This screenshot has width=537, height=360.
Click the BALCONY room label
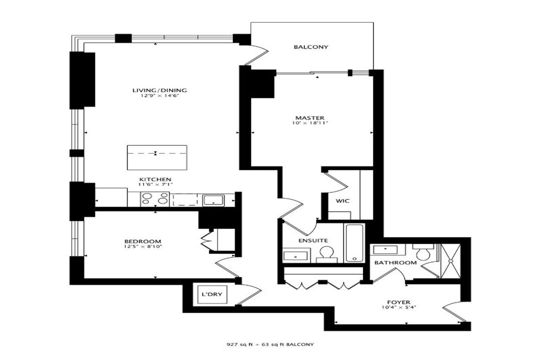click(x=311, y=47)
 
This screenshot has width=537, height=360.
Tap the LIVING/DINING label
click(x=160, y=90)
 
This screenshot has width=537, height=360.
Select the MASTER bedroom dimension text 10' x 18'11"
click(x=310, y=123)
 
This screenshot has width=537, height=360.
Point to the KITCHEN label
click(x=155, y=179)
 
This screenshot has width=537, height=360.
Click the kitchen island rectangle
click(x=157, y=157)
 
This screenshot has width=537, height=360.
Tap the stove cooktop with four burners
click(x=155, y=199)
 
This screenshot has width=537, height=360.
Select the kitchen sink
click(x=213, y=200)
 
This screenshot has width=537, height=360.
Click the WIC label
click(x=343, y=201)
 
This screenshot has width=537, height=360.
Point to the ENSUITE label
click(x=313, y=241)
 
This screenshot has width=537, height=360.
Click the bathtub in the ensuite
click(x=354, y=243)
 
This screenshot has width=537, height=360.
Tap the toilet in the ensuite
click(x=327, y=254)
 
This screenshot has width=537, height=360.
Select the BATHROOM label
click(x=396, y=263)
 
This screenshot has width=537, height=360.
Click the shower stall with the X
click(x=451, y=261)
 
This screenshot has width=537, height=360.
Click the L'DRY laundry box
click(x=212, y=294)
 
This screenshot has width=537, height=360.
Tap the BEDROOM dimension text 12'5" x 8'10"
click(x=143, y=246)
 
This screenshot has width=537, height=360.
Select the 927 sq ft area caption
click(x=270, y=344)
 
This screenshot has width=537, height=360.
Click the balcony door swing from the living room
click(x=258, y=55)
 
